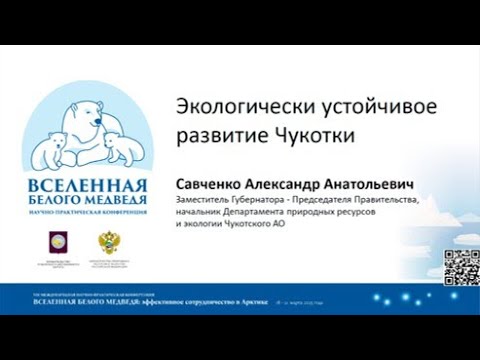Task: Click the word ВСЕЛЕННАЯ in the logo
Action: pyautogui.click(x=88, y=187)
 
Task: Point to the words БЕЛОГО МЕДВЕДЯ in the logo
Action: pyautogui.click(x=87, y=202)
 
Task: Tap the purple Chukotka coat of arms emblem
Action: pyautogui.click(x=58, y=240)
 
